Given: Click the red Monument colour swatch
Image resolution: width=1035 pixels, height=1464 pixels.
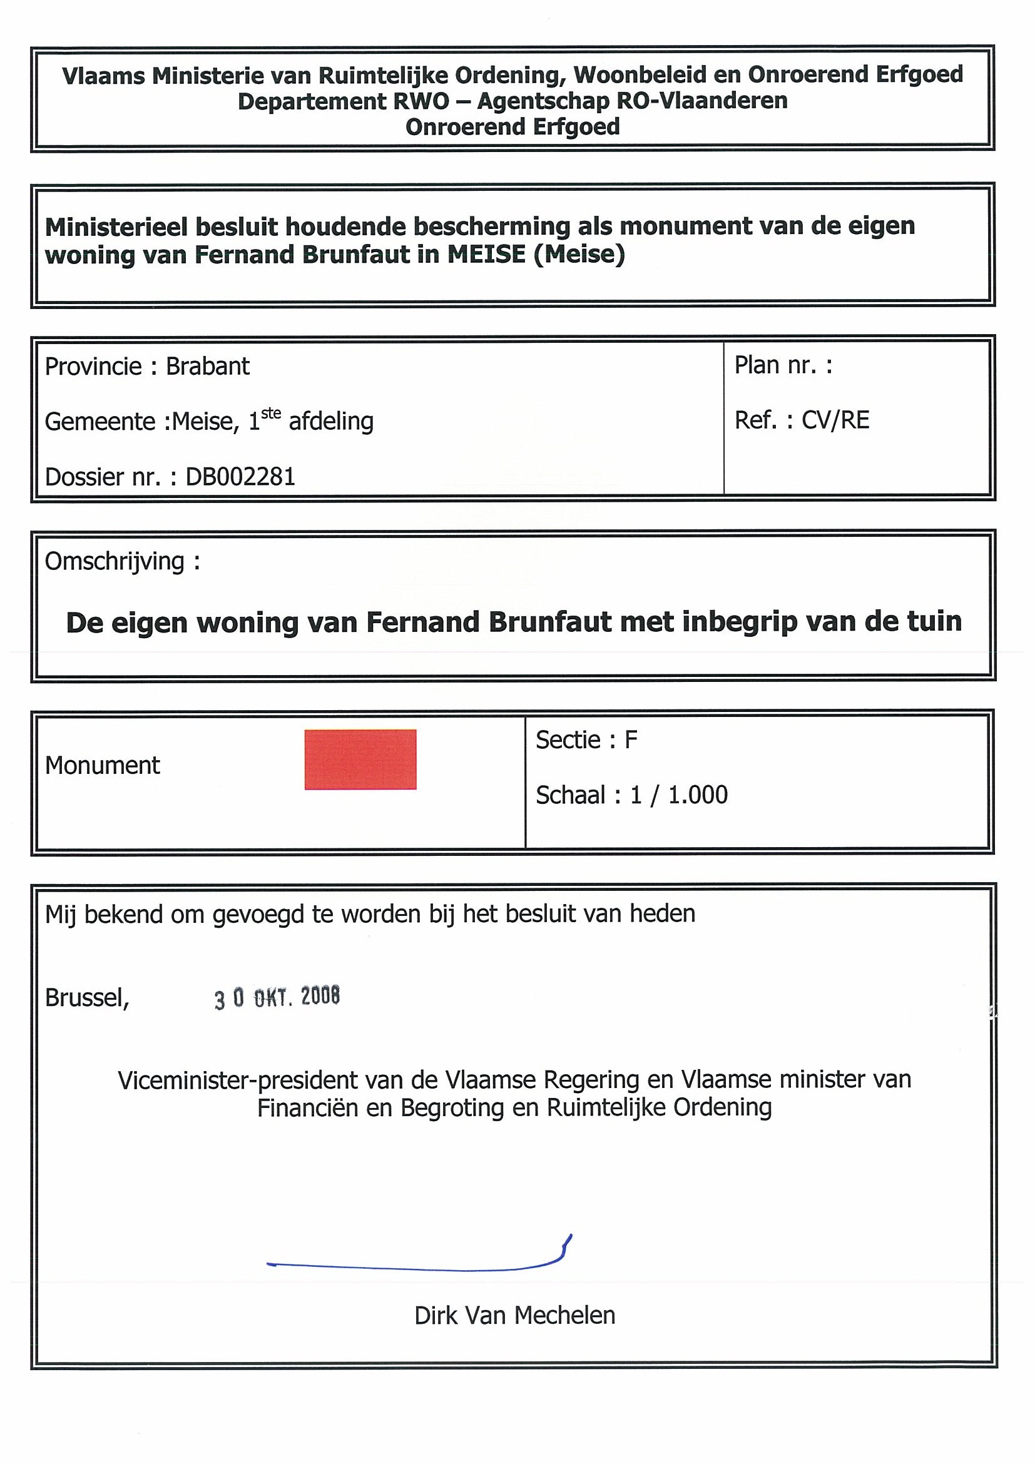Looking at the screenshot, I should [x=360, y=759].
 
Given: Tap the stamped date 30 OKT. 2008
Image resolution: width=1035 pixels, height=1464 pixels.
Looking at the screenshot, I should [x=277, y=997].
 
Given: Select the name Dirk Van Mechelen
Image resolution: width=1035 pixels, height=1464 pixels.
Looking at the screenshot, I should [x=514, y=1315].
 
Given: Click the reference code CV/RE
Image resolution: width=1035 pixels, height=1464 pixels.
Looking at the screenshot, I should [x=835, y=420].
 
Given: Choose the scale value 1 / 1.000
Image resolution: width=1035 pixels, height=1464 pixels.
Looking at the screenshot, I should [x=678, y=795].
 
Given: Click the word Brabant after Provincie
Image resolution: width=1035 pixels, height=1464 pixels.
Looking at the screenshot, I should [x=208, y=366].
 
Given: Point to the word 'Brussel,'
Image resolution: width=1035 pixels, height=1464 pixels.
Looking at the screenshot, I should [x=88, y=997].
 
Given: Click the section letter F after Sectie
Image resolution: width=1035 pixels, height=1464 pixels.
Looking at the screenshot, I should [x=631, y=740].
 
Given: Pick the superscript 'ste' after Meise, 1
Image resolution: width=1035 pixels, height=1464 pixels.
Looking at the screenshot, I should [x=271, y=414].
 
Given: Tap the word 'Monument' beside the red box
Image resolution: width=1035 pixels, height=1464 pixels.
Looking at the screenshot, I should [x=103, y=765].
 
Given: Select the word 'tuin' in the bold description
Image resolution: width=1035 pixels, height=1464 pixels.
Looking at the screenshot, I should [x=935, y=621].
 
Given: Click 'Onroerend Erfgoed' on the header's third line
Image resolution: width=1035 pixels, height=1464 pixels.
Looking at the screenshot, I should [x=512, y=127].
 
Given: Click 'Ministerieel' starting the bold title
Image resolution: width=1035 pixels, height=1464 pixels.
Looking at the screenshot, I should [x=115, y=226].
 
